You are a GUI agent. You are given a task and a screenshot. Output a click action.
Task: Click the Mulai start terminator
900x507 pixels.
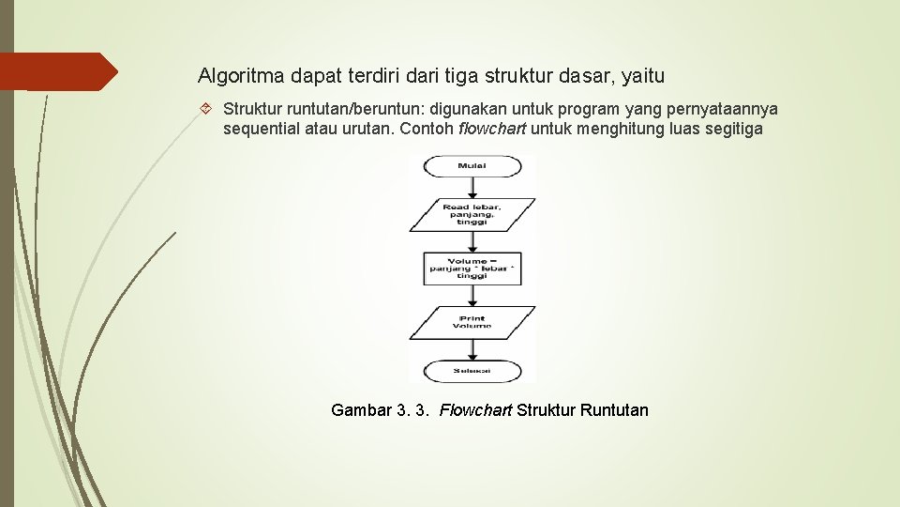point(472,166)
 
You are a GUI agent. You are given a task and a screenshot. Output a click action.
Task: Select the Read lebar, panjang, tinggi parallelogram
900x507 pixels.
point(472,214)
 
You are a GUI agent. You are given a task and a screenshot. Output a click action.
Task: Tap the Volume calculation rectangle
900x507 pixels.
point(472,268)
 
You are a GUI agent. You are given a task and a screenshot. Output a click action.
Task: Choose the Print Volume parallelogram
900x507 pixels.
point(472,323)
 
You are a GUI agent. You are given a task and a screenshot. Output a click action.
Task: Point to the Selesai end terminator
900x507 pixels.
point(472,370)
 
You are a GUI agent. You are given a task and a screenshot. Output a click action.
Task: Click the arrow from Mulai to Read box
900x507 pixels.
point(472,187)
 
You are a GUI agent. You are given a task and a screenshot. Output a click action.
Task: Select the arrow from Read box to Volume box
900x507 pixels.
point(472,240)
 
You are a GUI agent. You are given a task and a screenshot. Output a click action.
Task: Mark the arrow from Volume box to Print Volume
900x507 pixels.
point(472,297)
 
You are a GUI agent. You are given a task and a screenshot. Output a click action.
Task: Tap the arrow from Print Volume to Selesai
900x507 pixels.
point(472,349)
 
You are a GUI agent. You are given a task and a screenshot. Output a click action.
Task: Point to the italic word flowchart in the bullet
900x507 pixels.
point(492,129)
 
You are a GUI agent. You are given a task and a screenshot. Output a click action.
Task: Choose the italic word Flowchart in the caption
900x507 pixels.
point(475,410)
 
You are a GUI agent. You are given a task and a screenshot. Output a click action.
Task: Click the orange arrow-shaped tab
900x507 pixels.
point(66,71)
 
